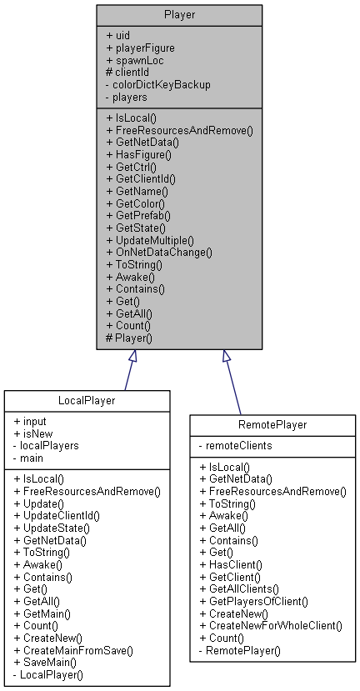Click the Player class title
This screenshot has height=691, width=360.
[179, 15]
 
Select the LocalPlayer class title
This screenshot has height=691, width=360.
[86, 401]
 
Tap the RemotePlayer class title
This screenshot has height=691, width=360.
[272, 424]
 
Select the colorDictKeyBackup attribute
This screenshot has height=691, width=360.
[157, 83]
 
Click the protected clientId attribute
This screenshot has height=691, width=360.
[129, 72]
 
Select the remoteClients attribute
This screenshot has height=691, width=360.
[238, 447]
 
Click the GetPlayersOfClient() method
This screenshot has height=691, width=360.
[260, 600]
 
